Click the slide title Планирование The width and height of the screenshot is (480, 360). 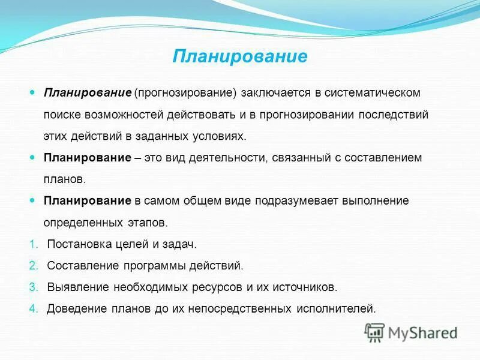coord(240,56)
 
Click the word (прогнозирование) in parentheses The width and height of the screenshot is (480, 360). coord(186,93)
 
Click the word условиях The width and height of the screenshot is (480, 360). coord(216,136)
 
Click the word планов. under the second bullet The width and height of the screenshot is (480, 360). coord(64,179)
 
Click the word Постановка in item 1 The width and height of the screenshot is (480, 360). coord(77,244)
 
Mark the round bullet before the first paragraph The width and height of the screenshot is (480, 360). coord(33,93)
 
